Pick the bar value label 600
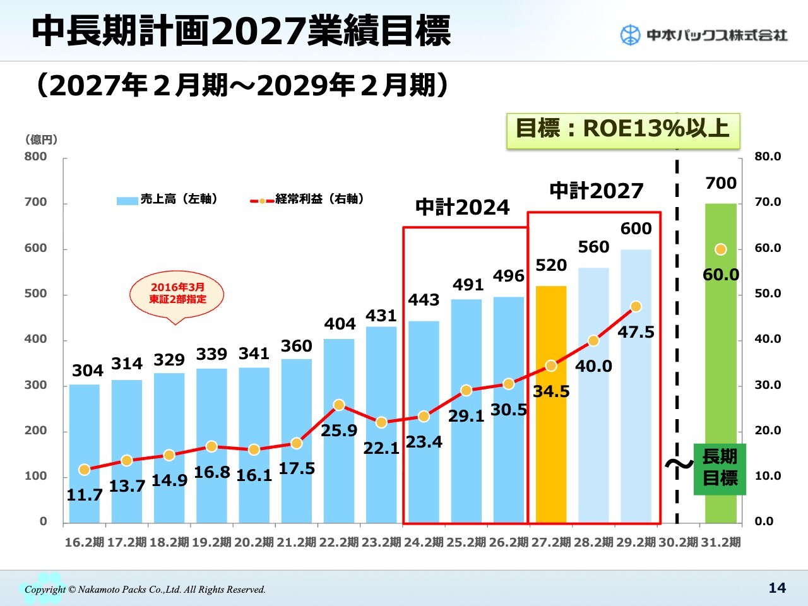click(636, 229)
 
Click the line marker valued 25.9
click(339, 405)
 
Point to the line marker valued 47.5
click(636, 307)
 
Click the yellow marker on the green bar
click(720, 249)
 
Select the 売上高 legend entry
click(168, 199)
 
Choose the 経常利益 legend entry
click(307, 199)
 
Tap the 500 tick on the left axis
click(35, 294)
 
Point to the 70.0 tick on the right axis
click(768, 202)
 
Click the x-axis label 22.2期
click(339, 542)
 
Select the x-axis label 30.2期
click(679, 542)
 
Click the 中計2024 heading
click(462, 207)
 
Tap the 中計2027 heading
click(596, 191)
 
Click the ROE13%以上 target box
click(622, 129)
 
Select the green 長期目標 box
click(720, 468)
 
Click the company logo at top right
click(704, 35)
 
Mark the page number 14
click(777, 588)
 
